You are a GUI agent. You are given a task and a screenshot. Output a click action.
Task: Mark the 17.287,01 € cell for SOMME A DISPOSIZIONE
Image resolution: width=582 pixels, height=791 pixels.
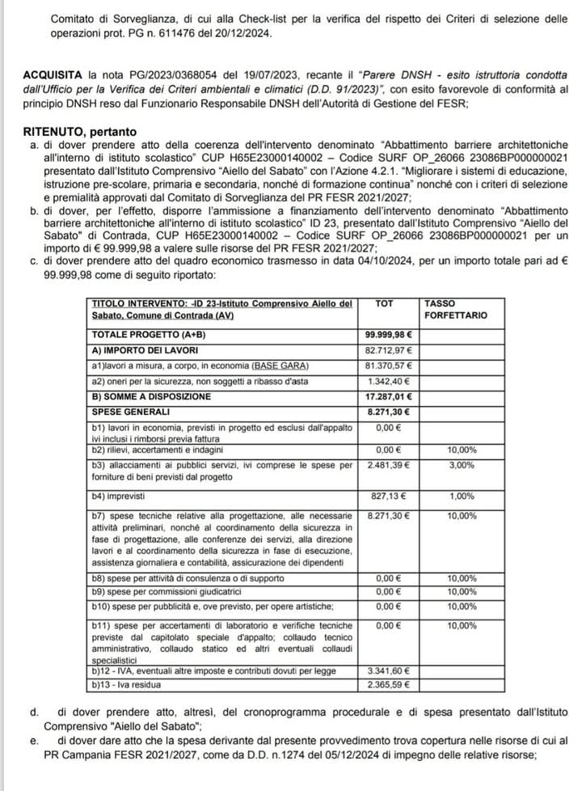pos(389,396)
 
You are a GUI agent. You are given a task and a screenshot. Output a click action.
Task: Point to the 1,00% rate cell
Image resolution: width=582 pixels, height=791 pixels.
pos(462,495)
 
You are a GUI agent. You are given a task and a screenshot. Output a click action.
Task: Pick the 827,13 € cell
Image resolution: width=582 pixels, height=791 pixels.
pos(393,495)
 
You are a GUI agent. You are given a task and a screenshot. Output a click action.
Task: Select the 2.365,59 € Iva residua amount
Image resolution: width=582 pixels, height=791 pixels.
pos(390,684)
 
